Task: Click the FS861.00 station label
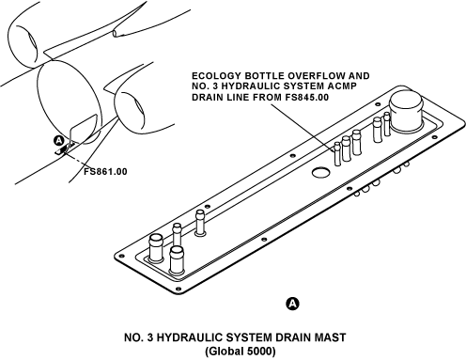pos(105,172)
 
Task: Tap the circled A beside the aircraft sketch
pos(59,141)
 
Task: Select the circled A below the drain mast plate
pos(292,304)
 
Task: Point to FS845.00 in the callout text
pos(307,98)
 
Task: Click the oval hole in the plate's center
pos(320,172)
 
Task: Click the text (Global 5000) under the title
pos(241,351)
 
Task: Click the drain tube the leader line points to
pos(337,154)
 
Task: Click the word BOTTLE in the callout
pos(265,76)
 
